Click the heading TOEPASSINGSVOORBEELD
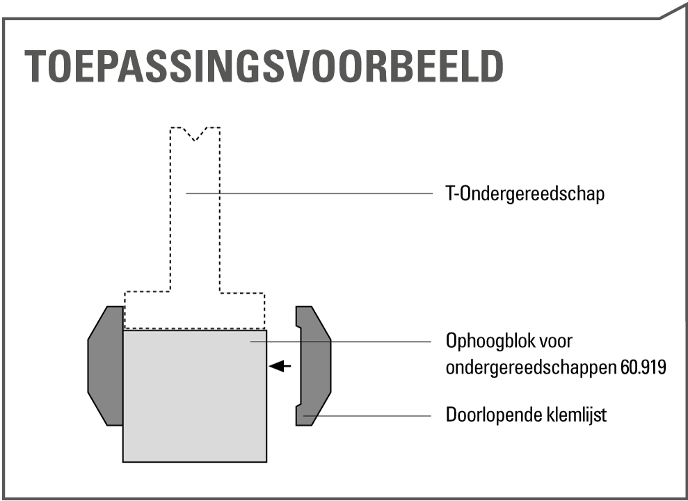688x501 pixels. tap(264, 66)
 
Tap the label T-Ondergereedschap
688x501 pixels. tap(525, 193)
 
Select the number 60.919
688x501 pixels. tap(643, 367)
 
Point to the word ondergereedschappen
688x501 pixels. tap(531, 367)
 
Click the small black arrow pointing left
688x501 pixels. tap(280, 366)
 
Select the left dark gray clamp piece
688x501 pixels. tap(106, 366)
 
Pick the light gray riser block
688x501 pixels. tap(195, 396)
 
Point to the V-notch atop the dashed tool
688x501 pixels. tap(195, 134)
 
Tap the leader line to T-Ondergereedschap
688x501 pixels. tap(310, 193)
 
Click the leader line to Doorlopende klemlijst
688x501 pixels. tap(367, 415)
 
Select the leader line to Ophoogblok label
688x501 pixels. tap(341, 342)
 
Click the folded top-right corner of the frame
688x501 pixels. tap(672, 13)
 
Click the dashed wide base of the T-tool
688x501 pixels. tap(195, 310)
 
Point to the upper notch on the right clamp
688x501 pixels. tap(298, 326)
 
